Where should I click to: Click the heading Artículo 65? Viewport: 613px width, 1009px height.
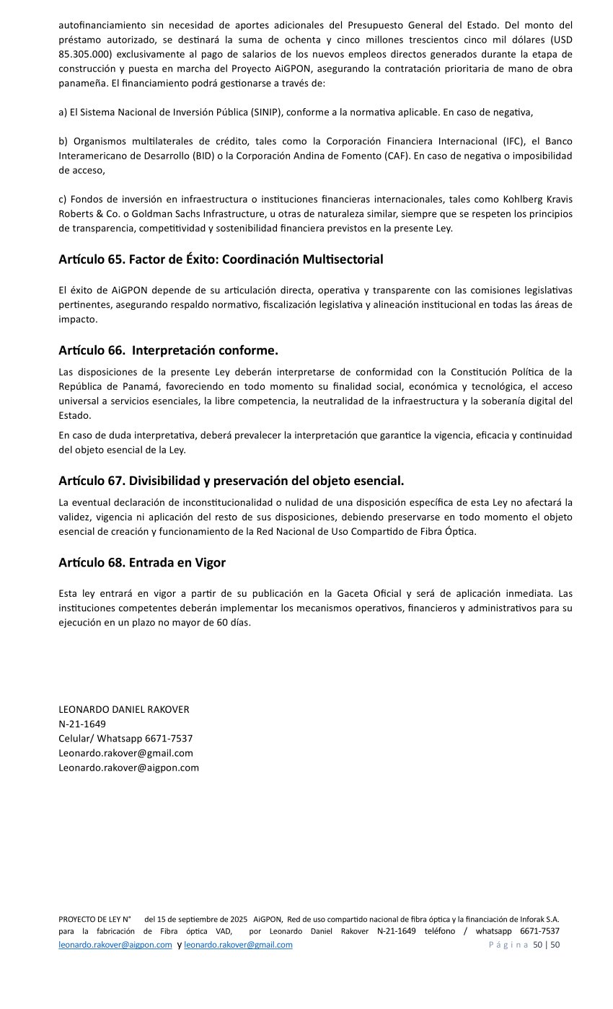(221, 259)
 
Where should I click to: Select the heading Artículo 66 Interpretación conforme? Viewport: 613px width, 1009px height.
(168, 350)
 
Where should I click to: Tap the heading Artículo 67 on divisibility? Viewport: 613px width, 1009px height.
(231, 481)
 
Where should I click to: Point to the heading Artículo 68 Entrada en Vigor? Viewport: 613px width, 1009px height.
(142, 563)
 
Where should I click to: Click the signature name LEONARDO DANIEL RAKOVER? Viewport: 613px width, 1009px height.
(124, 709)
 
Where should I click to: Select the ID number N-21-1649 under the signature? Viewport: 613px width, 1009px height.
(82, 724)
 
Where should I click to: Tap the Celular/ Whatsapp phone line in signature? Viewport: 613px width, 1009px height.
(125, 738)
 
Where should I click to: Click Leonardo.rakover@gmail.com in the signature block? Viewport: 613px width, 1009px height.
(125, 752)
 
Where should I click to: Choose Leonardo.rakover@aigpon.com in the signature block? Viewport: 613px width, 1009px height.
(128, 767)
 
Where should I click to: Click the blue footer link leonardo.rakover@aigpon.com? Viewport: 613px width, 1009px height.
(115, 945)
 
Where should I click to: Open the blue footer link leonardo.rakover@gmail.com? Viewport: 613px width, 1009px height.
(238, 945)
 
